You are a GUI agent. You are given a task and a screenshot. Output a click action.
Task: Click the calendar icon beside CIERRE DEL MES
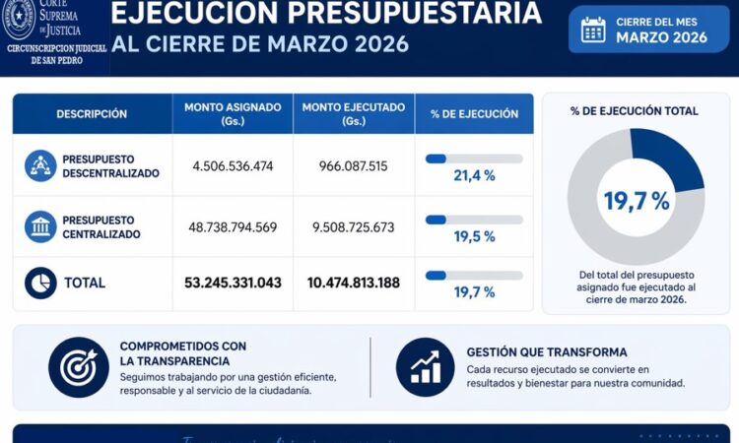593,30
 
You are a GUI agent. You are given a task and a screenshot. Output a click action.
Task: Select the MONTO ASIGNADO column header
233,113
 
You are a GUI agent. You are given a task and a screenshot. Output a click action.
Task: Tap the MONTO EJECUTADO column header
354,113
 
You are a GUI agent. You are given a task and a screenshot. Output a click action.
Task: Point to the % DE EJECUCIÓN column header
474,113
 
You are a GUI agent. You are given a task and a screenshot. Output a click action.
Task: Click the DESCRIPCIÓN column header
92,113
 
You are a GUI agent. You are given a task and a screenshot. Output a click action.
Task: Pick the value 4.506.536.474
233,166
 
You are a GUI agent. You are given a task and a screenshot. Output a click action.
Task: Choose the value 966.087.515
354,166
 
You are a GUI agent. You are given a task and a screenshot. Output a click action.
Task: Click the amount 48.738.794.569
233,227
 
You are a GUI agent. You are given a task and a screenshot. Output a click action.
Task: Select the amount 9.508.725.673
354,227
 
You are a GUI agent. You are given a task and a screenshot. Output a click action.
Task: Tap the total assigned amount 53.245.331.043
233,283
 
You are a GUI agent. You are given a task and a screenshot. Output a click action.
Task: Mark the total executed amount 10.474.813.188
354,283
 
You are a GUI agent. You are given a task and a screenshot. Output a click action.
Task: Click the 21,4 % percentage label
474,175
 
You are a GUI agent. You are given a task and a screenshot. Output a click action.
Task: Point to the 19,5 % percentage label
474,236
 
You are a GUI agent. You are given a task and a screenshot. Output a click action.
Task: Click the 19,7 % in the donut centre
636,202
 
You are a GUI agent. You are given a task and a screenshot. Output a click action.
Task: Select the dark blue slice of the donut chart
670,158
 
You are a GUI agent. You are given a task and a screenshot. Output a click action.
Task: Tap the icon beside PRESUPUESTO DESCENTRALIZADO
40,165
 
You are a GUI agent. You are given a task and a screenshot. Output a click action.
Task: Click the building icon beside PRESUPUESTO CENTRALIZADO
40,226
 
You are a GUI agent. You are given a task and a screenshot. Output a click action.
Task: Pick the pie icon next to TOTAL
40,283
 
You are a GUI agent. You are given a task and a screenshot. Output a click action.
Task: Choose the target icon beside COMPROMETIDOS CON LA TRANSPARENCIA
79,367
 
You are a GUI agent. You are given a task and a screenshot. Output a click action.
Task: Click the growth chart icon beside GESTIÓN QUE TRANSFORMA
426,367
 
